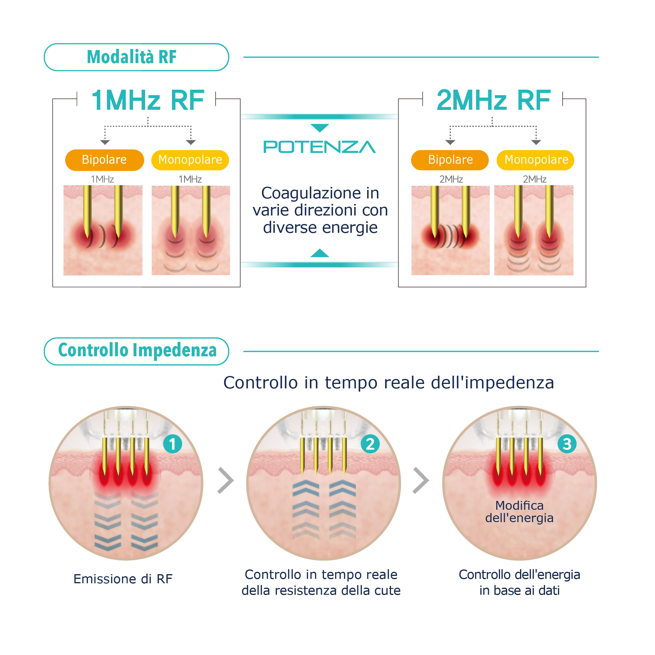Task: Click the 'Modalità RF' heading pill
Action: [x=136, y=57]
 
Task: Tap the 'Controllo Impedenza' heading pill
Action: [x=136, y=351]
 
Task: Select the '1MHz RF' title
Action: [x=148, y=100]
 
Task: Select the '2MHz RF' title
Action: [x=493, y=100]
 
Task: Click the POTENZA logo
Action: [x=319, y=147]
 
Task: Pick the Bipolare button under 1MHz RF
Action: [x=104, y=160]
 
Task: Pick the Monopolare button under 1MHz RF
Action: [x=190, y=160]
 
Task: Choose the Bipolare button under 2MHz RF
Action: [x=450, y=160]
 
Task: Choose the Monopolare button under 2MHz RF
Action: [x=536, y=160]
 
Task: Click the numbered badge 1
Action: [x=173, y=444]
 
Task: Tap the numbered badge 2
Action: [x=370, y=444]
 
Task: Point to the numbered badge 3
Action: [x=567, y=444]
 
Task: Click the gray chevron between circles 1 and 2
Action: [x=226, y=480]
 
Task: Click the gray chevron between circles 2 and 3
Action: [x=421, y=480]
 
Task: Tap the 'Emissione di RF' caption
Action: [x=123, y=579]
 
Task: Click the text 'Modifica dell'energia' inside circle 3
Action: [x=519, y=512]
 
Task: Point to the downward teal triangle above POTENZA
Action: [x=320, y=128]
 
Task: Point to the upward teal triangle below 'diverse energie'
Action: [x=320, y=253]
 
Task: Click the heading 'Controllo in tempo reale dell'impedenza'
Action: [x=389, y=383]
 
